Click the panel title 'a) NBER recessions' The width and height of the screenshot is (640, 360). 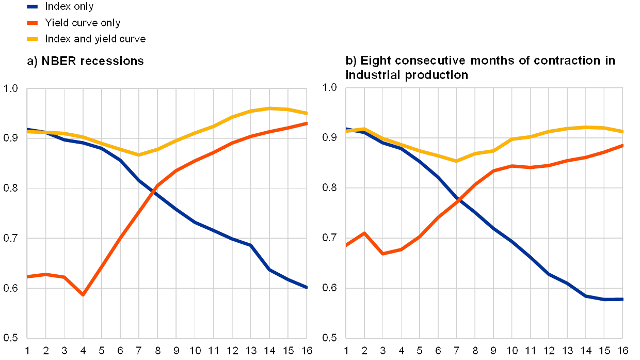(x=85, y=61)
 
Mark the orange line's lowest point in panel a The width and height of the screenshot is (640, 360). (x=83, y=294)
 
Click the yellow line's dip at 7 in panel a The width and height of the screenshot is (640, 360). (x=139, y=155)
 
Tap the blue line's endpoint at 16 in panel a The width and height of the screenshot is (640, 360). (x=307, y=287)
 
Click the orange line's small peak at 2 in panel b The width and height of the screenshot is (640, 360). (x=364, y=233)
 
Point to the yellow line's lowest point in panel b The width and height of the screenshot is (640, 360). (x=456, y=161)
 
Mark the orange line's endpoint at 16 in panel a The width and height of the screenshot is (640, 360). (x=307, y=123)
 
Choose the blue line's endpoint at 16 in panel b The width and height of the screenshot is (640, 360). (x=622, y=299)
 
